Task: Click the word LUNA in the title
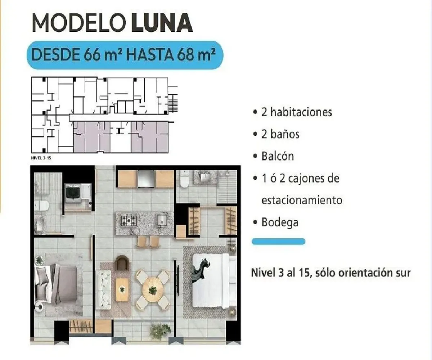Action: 164,23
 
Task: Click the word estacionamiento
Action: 302,200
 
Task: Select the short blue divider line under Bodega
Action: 278,242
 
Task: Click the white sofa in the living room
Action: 105,290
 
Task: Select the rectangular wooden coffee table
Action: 122,289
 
